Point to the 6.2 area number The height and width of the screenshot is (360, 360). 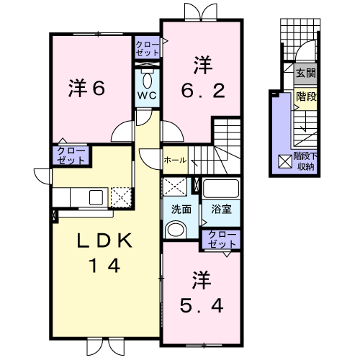click(203, 91)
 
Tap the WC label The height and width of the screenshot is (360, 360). click(147, 95)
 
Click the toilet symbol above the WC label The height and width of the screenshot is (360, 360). click(147, 78)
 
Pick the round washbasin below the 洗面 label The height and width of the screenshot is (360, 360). click(175, 229)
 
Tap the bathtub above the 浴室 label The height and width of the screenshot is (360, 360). click(221, 189)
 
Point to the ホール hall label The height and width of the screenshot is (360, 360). click(176, 159)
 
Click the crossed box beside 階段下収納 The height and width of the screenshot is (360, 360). click(284, 162)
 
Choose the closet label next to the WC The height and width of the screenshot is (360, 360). click(148, 49)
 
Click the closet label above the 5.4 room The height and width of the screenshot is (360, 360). click(220, 239)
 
